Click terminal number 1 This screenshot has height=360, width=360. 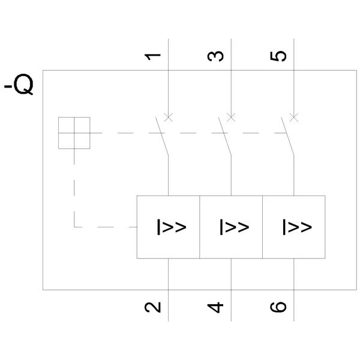coord(154,56)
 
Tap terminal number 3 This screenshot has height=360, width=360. coord(217,56)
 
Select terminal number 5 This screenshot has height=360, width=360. coord(280,56)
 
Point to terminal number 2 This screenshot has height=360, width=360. coord(154,307)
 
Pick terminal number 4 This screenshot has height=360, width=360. coord(217,307)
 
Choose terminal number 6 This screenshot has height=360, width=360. coord(280,307)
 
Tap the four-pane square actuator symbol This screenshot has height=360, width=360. coord(74,133)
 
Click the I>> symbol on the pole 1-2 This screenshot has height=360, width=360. coord(172,227)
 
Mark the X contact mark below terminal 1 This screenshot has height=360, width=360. coord(169,117)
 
